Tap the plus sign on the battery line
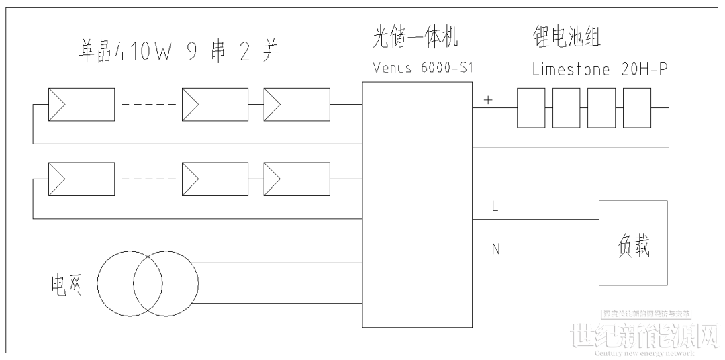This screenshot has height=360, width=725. pos(488,101)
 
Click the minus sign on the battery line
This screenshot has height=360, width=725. pos(491,139)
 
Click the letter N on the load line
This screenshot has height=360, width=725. pos(495,249)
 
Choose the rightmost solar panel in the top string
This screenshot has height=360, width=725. pos(296,104)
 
